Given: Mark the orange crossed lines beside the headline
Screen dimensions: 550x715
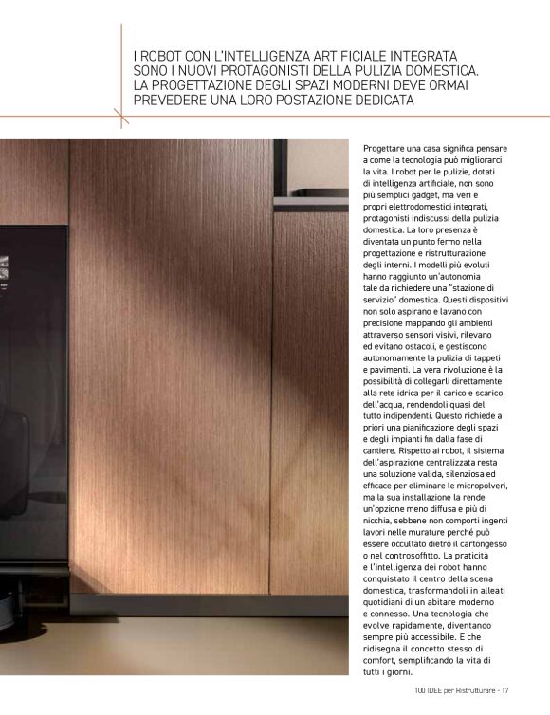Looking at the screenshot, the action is pos(121,117).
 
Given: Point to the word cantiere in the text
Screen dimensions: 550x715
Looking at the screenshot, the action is pos(382,457).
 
